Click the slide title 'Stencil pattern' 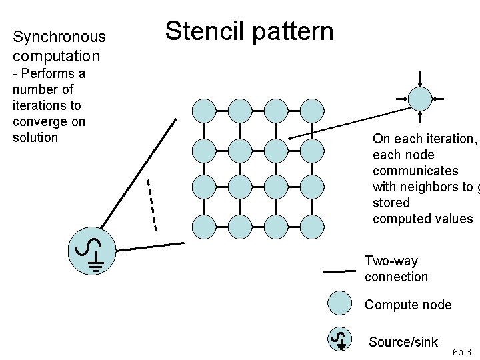[249, 31]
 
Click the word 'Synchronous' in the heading [59, 37]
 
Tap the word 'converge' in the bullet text [40, 121]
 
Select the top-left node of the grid [203, 110]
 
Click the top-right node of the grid [311, 110]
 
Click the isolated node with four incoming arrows [420, 99]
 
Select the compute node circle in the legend [340, 303]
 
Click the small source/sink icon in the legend [340, 339]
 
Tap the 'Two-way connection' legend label [396, 269]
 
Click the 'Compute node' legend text [407, 305]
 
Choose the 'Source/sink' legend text [403, 342]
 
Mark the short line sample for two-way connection [339, 271]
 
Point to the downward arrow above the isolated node [420, 77]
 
